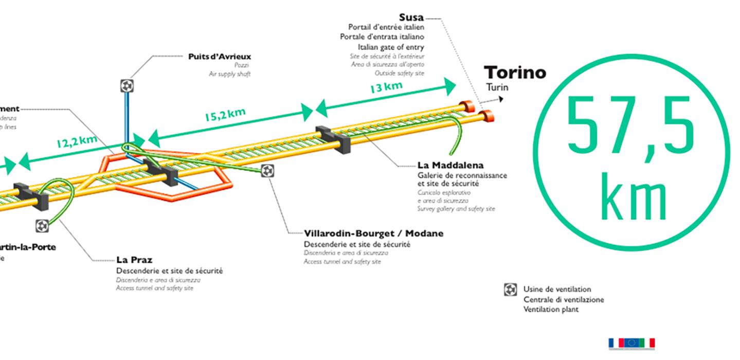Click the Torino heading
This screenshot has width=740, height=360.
pos(515,73)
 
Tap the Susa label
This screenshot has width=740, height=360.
pos(411,18)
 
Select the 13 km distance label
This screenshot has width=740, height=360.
pos(386,87)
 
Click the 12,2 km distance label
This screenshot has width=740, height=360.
pos(77,142)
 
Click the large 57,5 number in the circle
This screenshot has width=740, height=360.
pos(631,126)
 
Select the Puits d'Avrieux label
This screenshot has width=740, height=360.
pos(220,57)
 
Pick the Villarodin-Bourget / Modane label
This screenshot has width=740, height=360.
pos(373,233)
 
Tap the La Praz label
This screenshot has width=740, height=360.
pos(134,260)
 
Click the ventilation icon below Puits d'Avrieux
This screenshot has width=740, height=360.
pos(127,85)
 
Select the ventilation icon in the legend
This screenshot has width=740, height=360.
pos(510,290)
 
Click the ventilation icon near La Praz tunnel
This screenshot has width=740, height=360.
pos(43,225)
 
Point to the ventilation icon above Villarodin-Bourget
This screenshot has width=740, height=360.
pos(267,171)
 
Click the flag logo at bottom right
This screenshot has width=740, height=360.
pos(631,343)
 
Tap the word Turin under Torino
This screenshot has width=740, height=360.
pos(497,87)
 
